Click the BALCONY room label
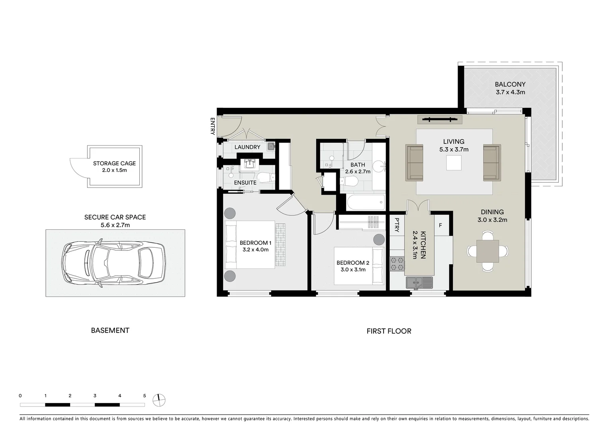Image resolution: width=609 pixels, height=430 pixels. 510,84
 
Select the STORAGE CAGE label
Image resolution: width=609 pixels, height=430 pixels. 114,163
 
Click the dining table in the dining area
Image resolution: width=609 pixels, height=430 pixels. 488,251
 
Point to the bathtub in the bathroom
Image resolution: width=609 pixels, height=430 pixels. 366,202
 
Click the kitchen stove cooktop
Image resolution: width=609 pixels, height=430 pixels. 397,263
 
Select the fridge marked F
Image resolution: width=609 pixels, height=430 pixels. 441,226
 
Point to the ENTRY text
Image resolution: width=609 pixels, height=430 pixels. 212,126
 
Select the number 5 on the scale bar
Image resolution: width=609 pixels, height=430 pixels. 145,396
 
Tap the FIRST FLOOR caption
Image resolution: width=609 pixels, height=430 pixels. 389,331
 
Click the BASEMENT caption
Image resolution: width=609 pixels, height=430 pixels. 110,330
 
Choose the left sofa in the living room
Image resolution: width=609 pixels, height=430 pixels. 414,163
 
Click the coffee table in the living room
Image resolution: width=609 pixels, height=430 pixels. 454,163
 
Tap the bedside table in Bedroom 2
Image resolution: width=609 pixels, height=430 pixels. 379,240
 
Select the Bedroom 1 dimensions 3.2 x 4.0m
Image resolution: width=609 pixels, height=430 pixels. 255,250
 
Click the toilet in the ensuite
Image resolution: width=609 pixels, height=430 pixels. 265,177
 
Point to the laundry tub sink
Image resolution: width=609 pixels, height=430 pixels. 271,146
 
